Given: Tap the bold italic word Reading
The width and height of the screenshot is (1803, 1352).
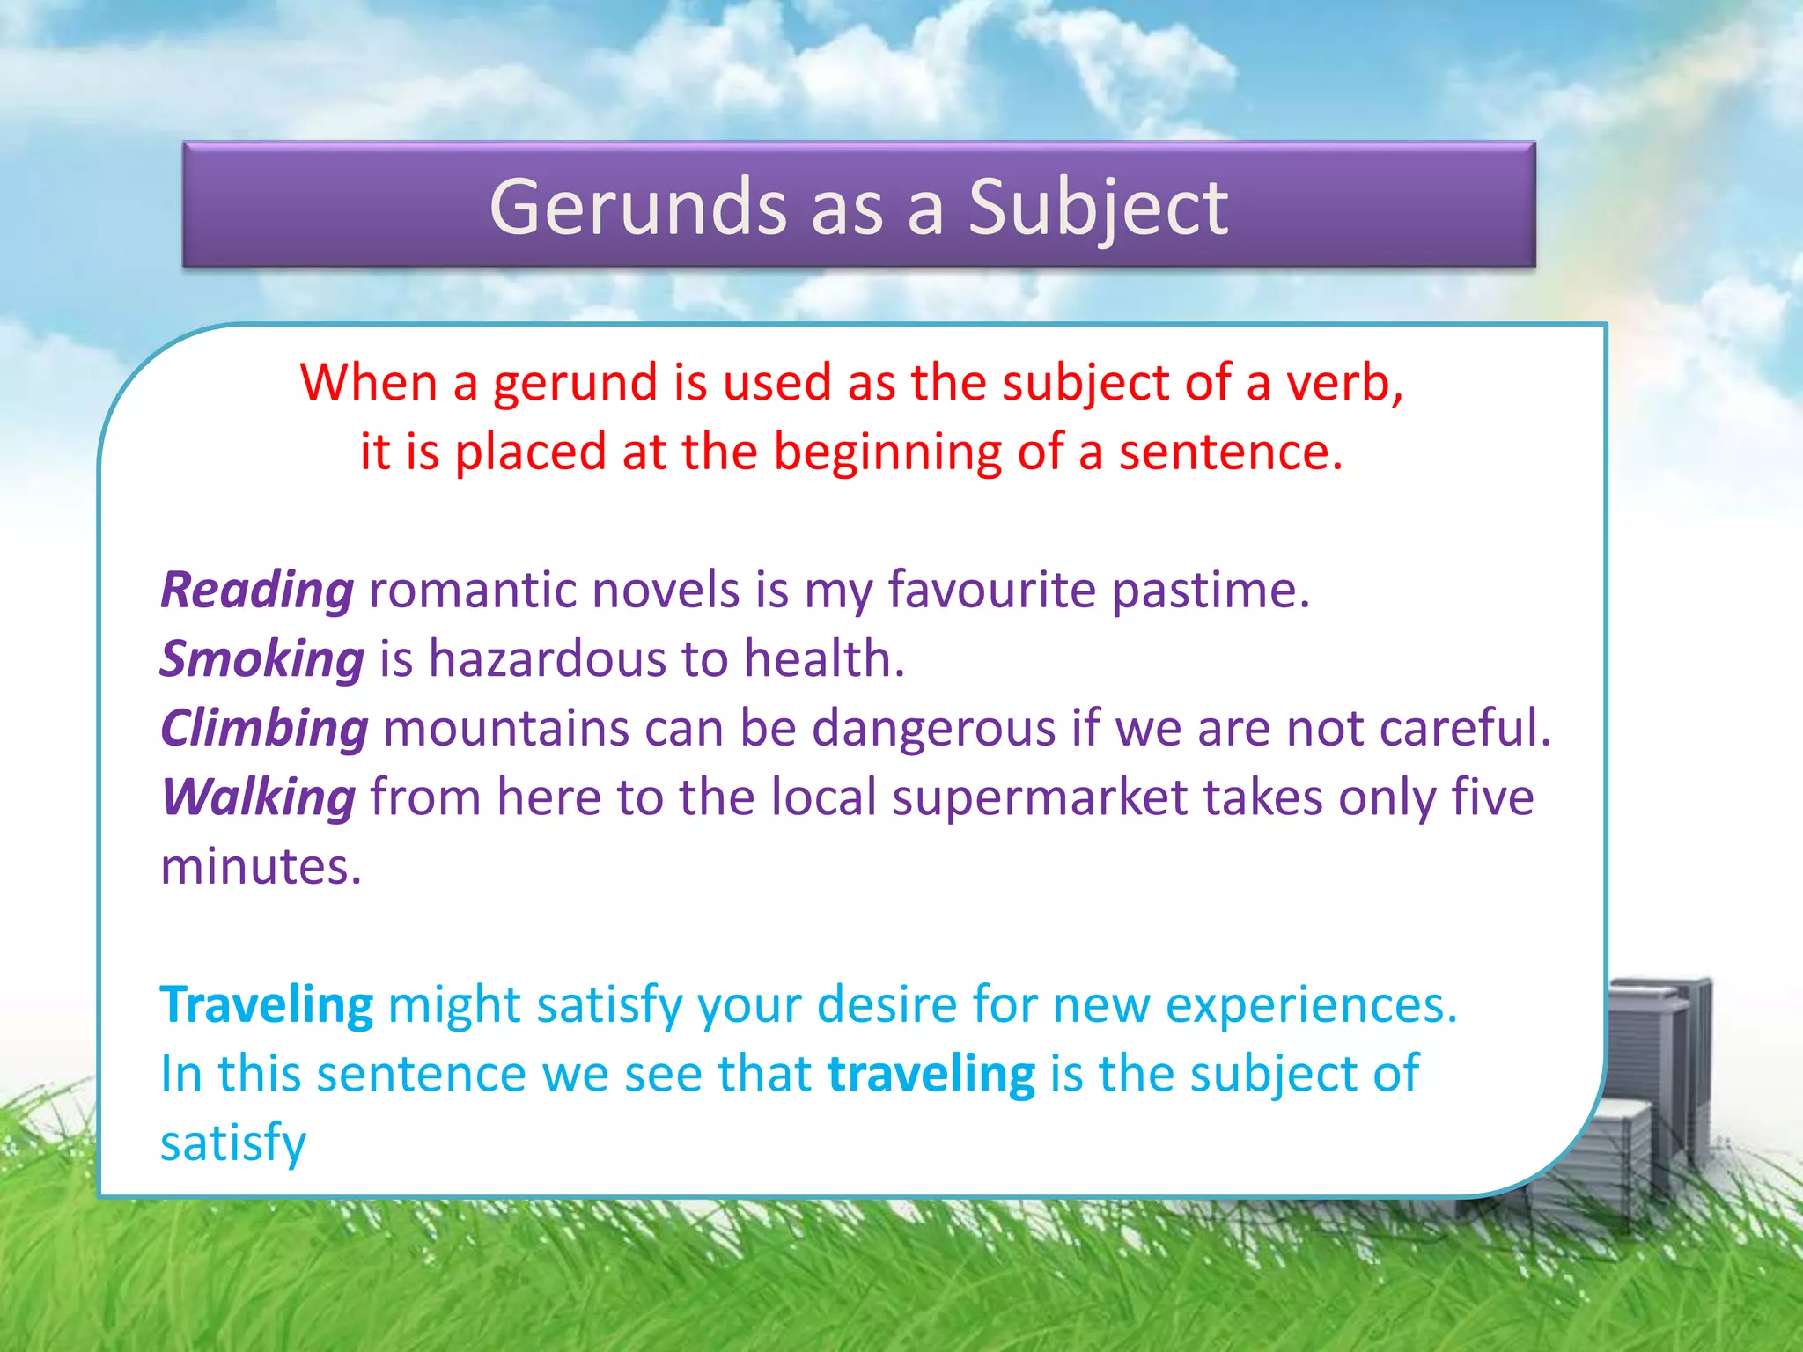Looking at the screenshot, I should [x=257, y=590].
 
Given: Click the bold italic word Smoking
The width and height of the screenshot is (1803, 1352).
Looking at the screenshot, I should [x=261, y=659].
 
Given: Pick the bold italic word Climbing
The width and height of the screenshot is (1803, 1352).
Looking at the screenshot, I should [x=264, y=729].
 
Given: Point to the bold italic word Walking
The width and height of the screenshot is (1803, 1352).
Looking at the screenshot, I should [x=259, y=797].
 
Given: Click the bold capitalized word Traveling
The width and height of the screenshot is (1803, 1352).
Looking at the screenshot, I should [x=266, y=1004].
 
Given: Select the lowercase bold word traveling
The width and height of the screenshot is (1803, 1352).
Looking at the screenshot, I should [x=931, y=1074].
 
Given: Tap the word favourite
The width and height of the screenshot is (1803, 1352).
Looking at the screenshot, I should [x=990, y=590].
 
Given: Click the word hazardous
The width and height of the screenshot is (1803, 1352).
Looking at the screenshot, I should [x=547, y=659].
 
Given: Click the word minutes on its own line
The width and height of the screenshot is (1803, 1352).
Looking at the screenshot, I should [x=261, y=867].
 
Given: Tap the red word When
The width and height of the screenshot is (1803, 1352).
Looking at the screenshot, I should [x=368, y=383].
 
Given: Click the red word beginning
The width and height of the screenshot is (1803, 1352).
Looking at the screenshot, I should [x=887, y=452].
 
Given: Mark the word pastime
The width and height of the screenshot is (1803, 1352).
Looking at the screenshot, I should [x=1211, y=590].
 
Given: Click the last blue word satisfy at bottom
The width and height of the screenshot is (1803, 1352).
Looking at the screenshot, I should [x=233, y=1143].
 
